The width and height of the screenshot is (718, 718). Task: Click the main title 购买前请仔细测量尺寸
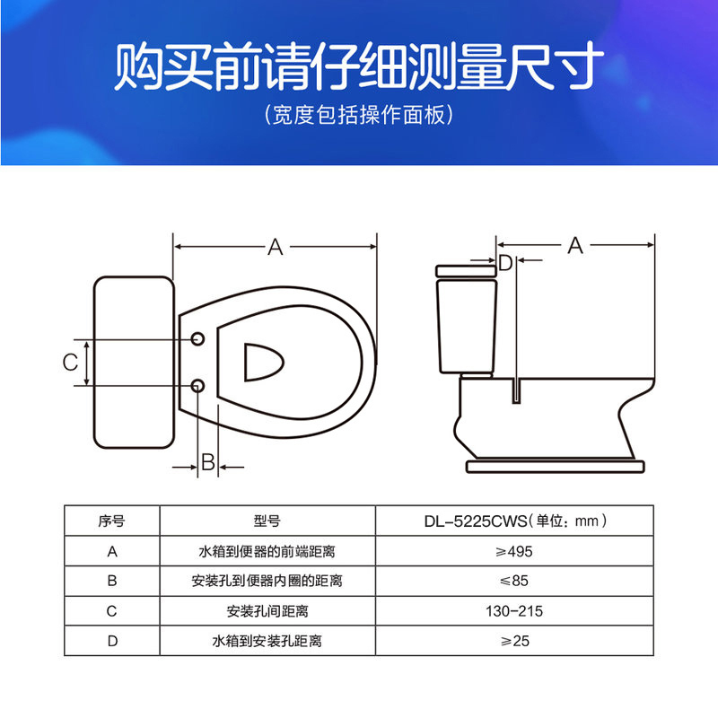coord(359,67)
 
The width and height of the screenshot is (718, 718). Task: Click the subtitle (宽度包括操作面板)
coord(359,117)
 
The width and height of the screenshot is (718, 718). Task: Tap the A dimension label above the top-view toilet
coord(276,247)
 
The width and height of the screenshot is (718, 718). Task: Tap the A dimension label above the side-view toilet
coord(574,245)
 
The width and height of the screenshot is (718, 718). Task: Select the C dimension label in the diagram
coord(70,363)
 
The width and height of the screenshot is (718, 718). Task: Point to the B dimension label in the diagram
coord(207,463)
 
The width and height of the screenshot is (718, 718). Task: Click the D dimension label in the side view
coord(505,262)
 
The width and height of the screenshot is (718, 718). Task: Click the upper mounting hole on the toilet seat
coord(198,339)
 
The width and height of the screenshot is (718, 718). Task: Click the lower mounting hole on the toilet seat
coord(198,386)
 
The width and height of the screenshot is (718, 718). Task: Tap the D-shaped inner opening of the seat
coord(263,362)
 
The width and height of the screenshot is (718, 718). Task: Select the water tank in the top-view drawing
coord(133,363)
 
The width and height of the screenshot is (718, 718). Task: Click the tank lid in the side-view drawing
coord(465,269)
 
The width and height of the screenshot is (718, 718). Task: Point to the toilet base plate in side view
coord(556,466)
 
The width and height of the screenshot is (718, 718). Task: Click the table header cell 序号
coord(111,520)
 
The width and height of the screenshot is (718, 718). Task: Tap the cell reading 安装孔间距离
coord(267,611)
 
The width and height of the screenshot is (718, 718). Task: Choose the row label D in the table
coord(111,642)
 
